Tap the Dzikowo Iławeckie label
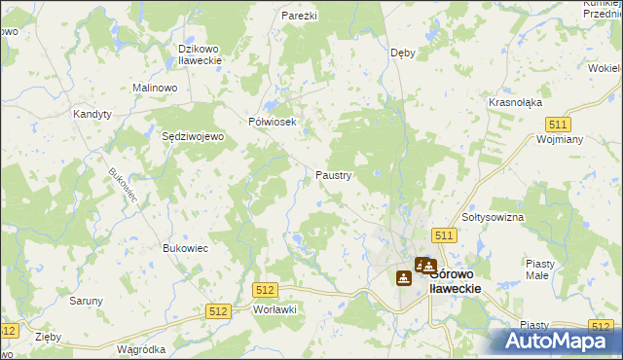tap(201, 54)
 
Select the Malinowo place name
tap(154, 88)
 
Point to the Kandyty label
tap(93, 114)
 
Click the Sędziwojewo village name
tap(193, 137)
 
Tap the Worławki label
tap(274, 308)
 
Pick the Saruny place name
tap(86, 301)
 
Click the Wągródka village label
tap(141, 348)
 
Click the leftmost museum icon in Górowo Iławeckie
tap(403, 277)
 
